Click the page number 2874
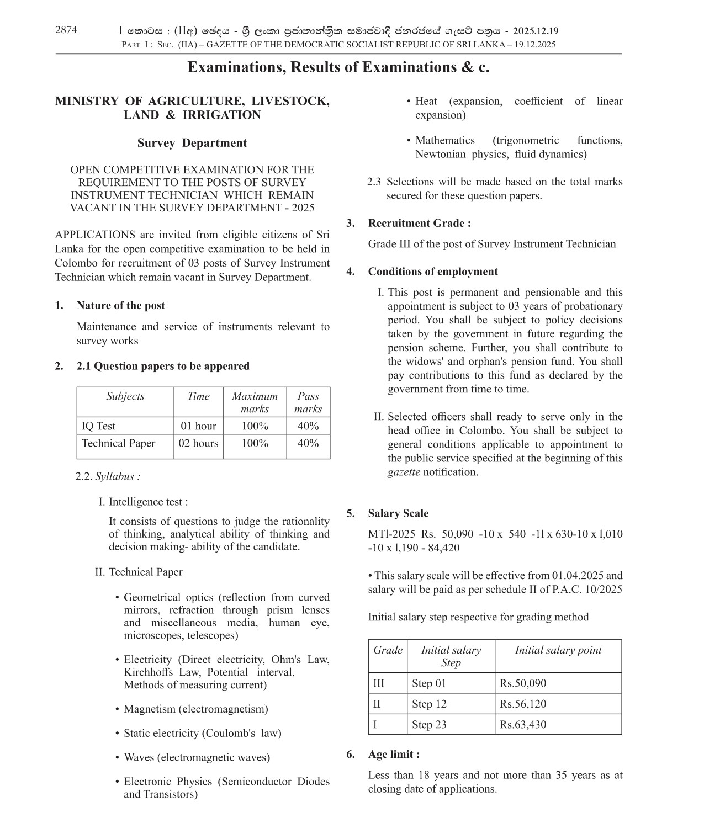(66, 30)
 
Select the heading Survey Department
(192, 143)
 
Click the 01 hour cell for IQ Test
(198, 426)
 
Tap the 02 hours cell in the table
(198, 443)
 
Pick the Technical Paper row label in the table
(118, 443)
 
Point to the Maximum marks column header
(255, 402)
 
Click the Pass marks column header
(308, 402)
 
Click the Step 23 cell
(429, 725)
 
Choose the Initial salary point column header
(558, 650)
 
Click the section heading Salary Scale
(398, 513)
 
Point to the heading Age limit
(394, 754)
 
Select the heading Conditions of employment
(433, 272)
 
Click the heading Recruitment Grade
(419, 224)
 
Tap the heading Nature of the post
(120, 306)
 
